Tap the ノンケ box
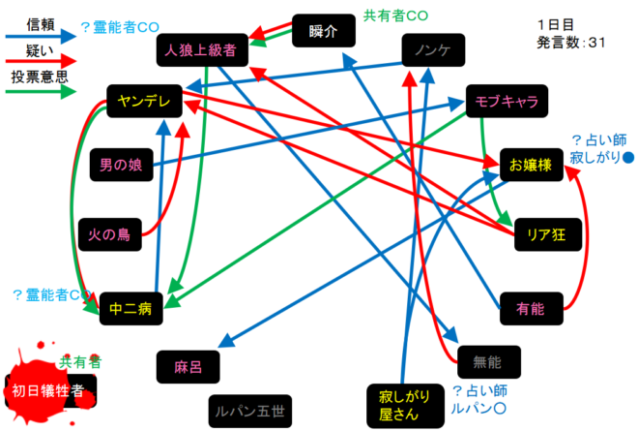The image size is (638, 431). coord(433,49)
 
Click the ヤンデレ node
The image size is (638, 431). coord(142,99)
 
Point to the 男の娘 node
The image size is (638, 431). coord(121,165)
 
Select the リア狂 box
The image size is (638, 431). coord(546,233)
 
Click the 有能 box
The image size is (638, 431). coord(531,309)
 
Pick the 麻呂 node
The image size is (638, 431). coord(187,366)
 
